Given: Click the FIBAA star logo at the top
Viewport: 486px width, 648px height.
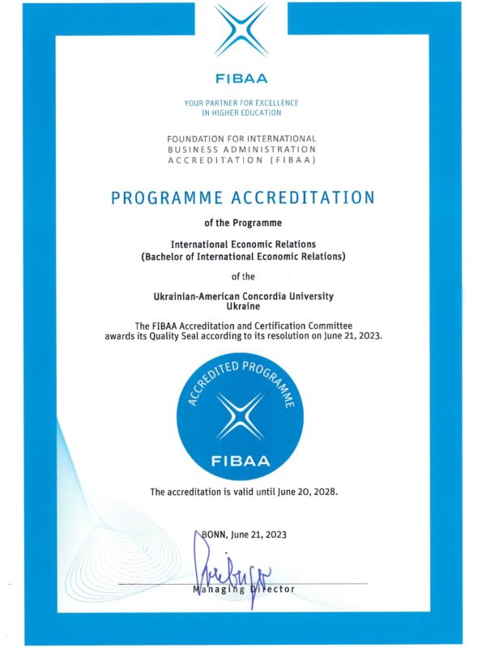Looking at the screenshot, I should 241,32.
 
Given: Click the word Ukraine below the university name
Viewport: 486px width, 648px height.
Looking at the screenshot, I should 242,308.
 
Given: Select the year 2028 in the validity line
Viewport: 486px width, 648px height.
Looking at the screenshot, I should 320,492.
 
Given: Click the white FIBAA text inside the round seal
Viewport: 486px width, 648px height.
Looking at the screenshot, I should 241,462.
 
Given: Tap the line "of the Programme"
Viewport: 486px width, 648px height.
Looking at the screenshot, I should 241,222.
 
